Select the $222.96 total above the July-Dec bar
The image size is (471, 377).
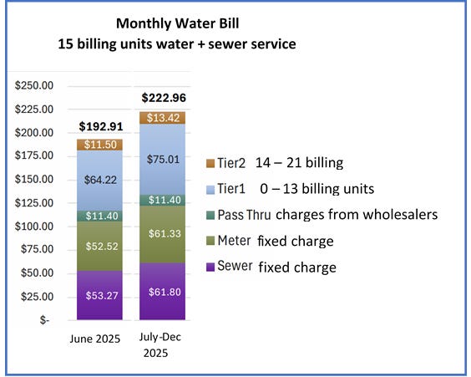pyautogui.click(x=163, y=98)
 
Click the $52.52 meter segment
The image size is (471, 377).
pyautogui.click(x=99, y=247)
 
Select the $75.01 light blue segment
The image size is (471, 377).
pyautogui.click(x=163, y=160)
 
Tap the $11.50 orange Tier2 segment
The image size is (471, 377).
pyautogui.click(x=99, y=145)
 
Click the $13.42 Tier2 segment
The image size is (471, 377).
pyautogui.click(x=163, y=117)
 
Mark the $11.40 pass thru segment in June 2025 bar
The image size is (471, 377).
pyautogui.click(x=99, y=216)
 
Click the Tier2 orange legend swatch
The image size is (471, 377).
pyautogui.click(x=212, y=163)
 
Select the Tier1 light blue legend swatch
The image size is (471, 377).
pyautogui.click(x=212, y=189)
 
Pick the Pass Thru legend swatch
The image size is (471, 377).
pyautogui.click(x=212, y=215)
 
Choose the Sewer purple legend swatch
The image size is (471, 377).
pyautogui.click(x=212, y=267)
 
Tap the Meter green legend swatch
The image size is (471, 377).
pyautogui.click(x=212, y=242)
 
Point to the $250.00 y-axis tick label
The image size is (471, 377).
pyautogui.click(x=34, y=85)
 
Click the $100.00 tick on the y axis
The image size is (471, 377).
pyautogui.click(x=34, y=227)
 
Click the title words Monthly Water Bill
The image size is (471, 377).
pyautogui.click(x=175, y=24)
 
